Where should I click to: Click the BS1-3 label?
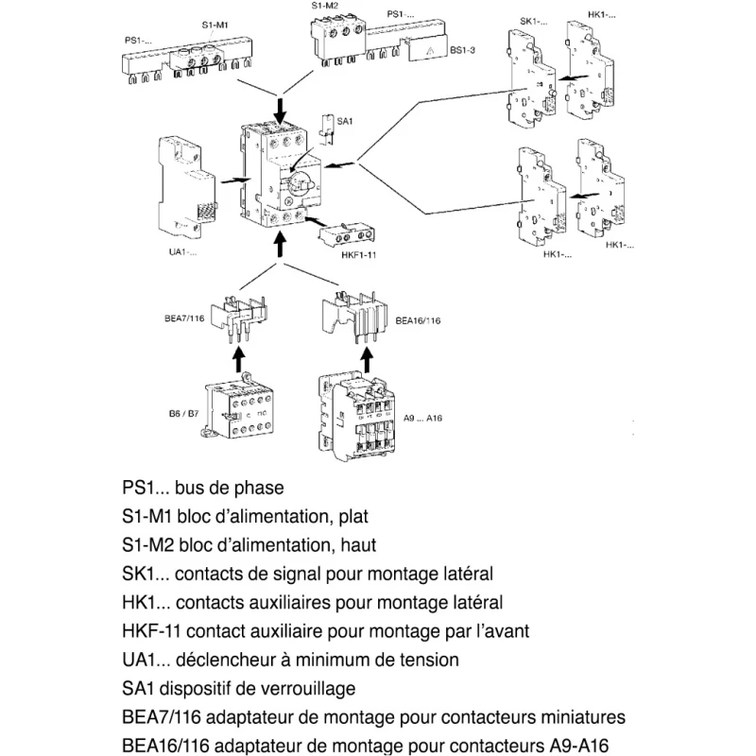(462, 50)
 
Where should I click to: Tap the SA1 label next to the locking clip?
(344, 121)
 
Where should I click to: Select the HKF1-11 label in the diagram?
(358, 254)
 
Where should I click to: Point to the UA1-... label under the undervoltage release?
(182, 251)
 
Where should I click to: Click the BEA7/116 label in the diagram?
(184, 318)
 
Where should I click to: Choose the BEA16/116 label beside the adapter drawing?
(418, 320)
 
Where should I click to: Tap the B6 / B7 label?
(183, 413)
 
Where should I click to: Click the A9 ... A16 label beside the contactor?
(422, 418)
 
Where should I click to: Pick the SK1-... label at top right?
(533, 21)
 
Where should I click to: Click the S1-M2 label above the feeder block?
(324, 6)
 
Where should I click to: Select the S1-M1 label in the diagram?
(215, 25)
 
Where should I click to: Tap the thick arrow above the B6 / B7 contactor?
(239, 360)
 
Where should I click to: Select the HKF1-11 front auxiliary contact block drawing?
(346, 235)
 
